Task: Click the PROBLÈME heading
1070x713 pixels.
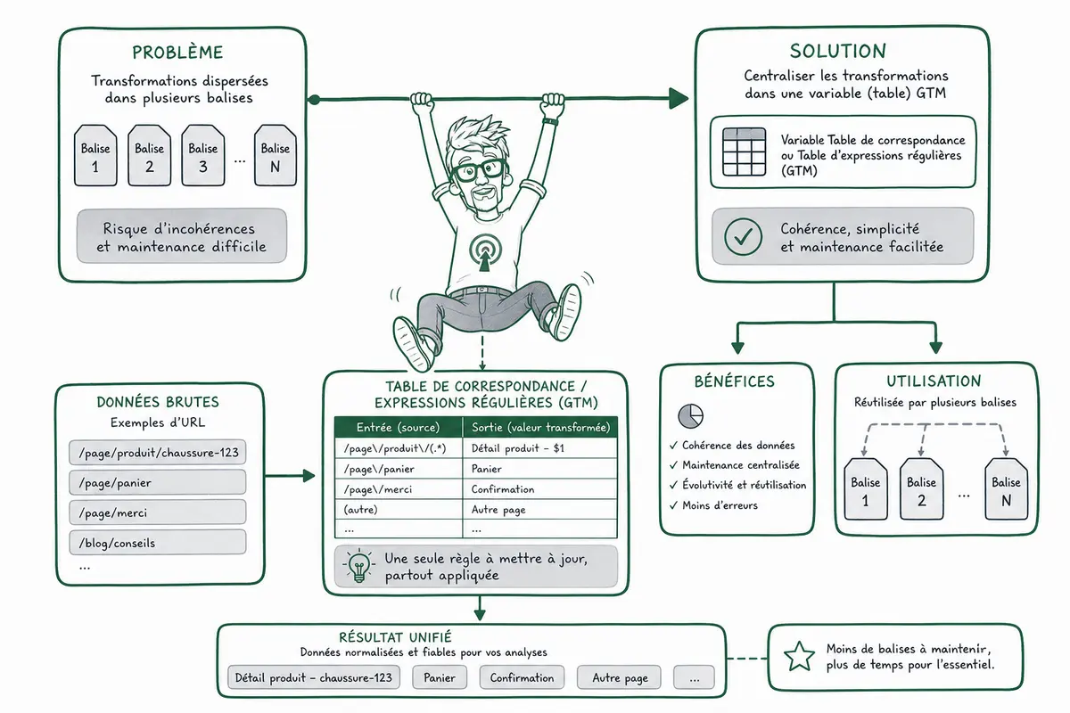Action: tap(177, 53)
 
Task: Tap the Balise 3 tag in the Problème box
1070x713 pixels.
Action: tap(203, 155)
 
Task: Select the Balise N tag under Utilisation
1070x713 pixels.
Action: tap(1006, 488)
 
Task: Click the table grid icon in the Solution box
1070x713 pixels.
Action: tap(745, 152)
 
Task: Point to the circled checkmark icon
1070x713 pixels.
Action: tap(743, 236)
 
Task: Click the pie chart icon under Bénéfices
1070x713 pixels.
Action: tap(691, 416)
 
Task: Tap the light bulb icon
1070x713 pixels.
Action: tap(359, 566)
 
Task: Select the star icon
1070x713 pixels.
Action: tap(800, 656)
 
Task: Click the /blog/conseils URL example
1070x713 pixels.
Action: tap(158, 543)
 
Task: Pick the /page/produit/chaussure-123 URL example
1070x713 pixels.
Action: tap(158, 452)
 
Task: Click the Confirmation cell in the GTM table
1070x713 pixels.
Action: tap(539, 489)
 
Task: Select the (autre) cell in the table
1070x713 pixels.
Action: tap(399, 510)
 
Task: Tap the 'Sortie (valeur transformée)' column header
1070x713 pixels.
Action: tap(540, 427)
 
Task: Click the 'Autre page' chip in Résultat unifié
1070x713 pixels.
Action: tap(620, 677)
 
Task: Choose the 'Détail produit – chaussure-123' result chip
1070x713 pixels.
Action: tap(313, 677)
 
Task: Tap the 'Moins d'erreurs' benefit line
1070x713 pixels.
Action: tap(714, 505)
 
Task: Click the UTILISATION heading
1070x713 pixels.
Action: tap(934, 381)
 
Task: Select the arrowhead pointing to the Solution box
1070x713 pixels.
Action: tap(679, 98)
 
